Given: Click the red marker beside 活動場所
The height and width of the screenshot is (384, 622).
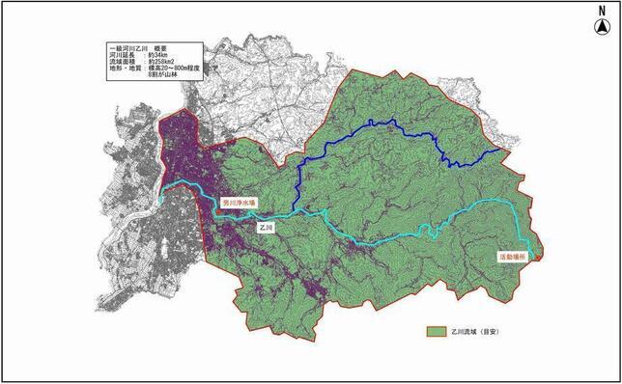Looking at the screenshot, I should [x=537, y=255].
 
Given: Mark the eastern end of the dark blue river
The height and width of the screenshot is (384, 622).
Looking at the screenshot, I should [x=501, y=150].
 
